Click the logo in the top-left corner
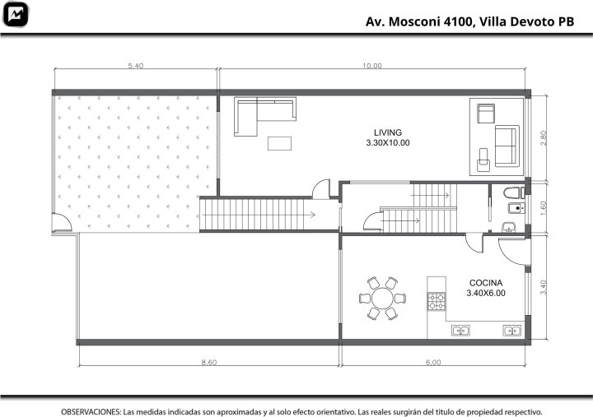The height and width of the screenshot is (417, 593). [x=15, y=15]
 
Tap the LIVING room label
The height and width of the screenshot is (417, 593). [x=388, y=132]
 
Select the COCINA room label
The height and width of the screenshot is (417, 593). [x=486, y=283]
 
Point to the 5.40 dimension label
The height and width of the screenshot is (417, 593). [x=136, y=66]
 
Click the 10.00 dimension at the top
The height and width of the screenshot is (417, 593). [x=372, y=66]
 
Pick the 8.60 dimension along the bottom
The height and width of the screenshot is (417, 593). [x=208, y=362]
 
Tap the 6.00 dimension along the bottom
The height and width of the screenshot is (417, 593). [x=433, y=362]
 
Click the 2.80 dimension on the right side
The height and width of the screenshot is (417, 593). [x=544, y=138]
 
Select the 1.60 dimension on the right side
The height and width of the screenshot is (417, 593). [x=544, y=208]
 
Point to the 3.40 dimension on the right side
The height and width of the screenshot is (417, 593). [x=544, y=287]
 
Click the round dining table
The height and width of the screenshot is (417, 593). [x=382, y=298]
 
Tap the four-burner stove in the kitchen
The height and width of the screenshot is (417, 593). [x=437, y=301]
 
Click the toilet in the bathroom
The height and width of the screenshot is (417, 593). [x=514, y=193]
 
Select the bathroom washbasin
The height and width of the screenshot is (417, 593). [x=509, y=227]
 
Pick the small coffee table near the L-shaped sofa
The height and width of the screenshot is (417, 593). [x=279, y=144]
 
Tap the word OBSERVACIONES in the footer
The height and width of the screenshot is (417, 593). [x=91, y=411]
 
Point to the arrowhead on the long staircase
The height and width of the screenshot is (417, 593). [x=313, y=215]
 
